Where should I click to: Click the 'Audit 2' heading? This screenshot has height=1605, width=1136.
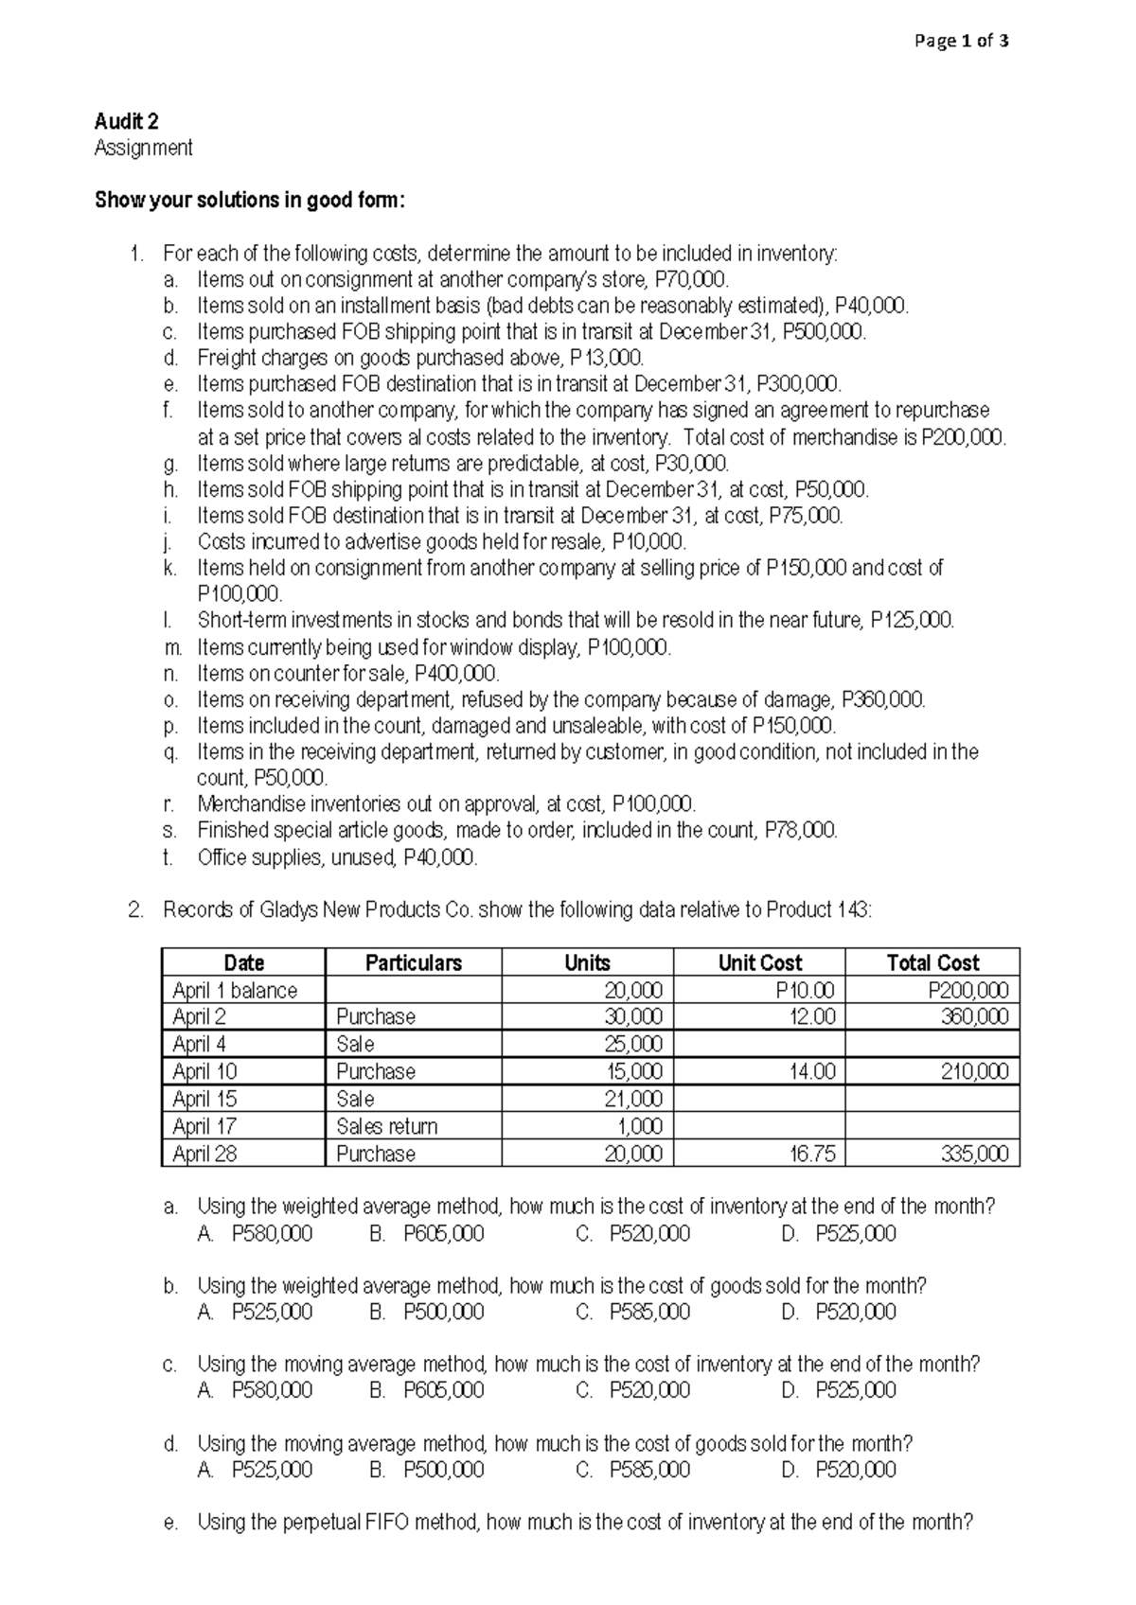click(126, 121)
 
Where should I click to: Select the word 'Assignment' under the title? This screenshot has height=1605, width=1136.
click(143, 148)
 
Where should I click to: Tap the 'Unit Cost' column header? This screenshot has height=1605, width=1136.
click(759, 963)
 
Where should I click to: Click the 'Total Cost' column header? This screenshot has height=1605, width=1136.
click(932, 963)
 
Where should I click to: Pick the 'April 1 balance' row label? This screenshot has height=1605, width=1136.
click(235, 991)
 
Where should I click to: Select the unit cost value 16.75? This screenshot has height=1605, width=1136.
click(812, 1155)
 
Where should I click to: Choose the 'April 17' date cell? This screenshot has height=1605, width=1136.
click(204, 1127)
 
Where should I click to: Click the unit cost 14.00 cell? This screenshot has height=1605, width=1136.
click(812, 1072)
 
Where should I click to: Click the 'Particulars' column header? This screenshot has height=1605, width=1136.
click(414, 963)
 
